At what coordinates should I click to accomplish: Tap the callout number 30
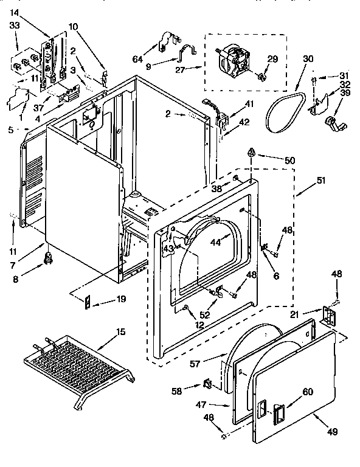pyautogui.click(x=308, y=59)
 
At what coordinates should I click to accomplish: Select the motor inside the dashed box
pyautogui.click(x=235, y=61)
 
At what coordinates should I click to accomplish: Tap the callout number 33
pyautogui.click(x=13, y=26)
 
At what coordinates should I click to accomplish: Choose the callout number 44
pyautogui.click(x=216, y=242)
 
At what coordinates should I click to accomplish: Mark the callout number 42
pyautogui.click(x=243, y=122)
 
